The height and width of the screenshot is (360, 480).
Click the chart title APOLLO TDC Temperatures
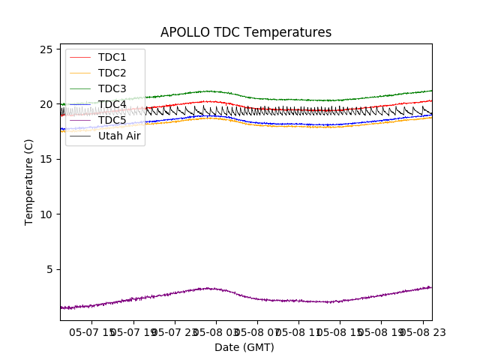[246, 32]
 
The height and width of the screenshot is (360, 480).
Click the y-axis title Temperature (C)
[29, 181]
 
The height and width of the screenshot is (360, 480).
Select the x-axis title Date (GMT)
[244, 347]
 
